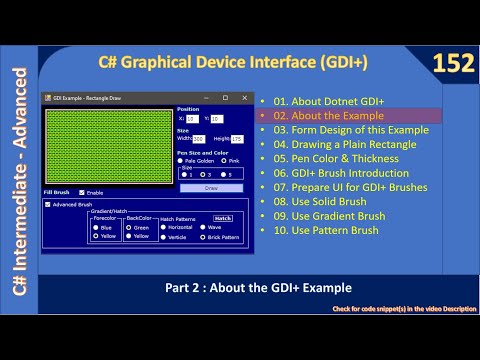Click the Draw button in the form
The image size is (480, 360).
[210, 187]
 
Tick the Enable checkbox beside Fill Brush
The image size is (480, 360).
[82, 192]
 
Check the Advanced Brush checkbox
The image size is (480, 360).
[49, 204]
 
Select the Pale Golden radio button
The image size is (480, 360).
[180, 160]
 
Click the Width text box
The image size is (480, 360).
[198, 139]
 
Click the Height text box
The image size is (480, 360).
[236, 139]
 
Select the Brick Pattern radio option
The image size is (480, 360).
[203, 237]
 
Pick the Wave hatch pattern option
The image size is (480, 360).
[203, 227]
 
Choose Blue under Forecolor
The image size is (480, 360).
[95, 227]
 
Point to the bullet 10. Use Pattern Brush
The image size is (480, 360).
[325, 230]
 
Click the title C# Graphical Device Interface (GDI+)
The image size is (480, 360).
[232, 63]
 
